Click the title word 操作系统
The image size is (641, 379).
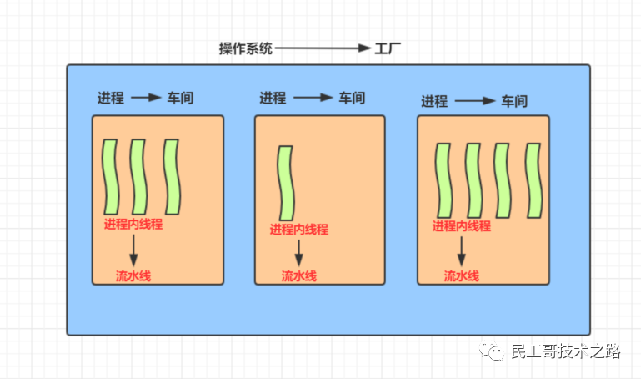[x=245, y=48]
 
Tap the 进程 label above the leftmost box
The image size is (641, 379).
[x=110, y=98]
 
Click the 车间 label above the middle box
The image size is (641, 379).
[x=351, y=98]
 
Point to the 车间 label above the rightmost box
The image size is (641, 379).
[x=513, y=102]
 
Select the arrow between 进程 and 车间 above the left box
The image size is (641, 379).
[x=146, y=98]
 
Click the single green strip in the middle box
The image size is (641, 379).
[x=286, y=183]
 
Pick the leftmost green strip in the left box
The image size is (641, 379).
[x=110, y=177]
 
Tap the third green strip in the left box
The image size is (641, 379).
[x=172, y=177]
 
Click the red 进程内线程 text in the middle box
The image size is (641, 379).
[x=298, y=230]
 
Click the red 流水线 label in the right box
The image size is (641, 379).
[x=461, y=276]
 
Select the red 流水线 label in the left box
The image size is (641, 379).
[x=133, y=276]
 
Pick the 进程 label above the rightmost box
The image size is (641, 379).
[x=434, y=102]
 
